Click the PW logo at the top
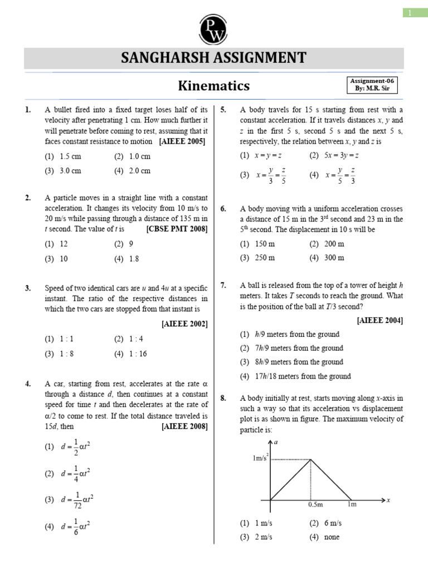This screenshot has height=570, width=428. pyautogui.click(x=214, y=27)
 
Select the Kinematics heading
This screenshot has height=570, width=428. pyautogui.click(x=213, y=86)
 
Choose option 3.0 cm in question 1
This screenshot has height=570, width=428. pyautogui.click(x=70, y=171)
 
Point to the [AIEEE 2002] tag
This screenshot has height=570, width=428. pyautogui.click(x=184, y=323)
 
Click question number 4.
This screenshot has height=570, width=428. pyautogui.click(x=28, y=384)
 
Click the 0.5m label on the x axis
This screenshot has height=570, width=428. pyautogui.click(x=315, y=505)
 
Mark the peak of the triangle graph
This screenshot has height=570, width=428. pyautogui.click(x=310, y=459)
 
